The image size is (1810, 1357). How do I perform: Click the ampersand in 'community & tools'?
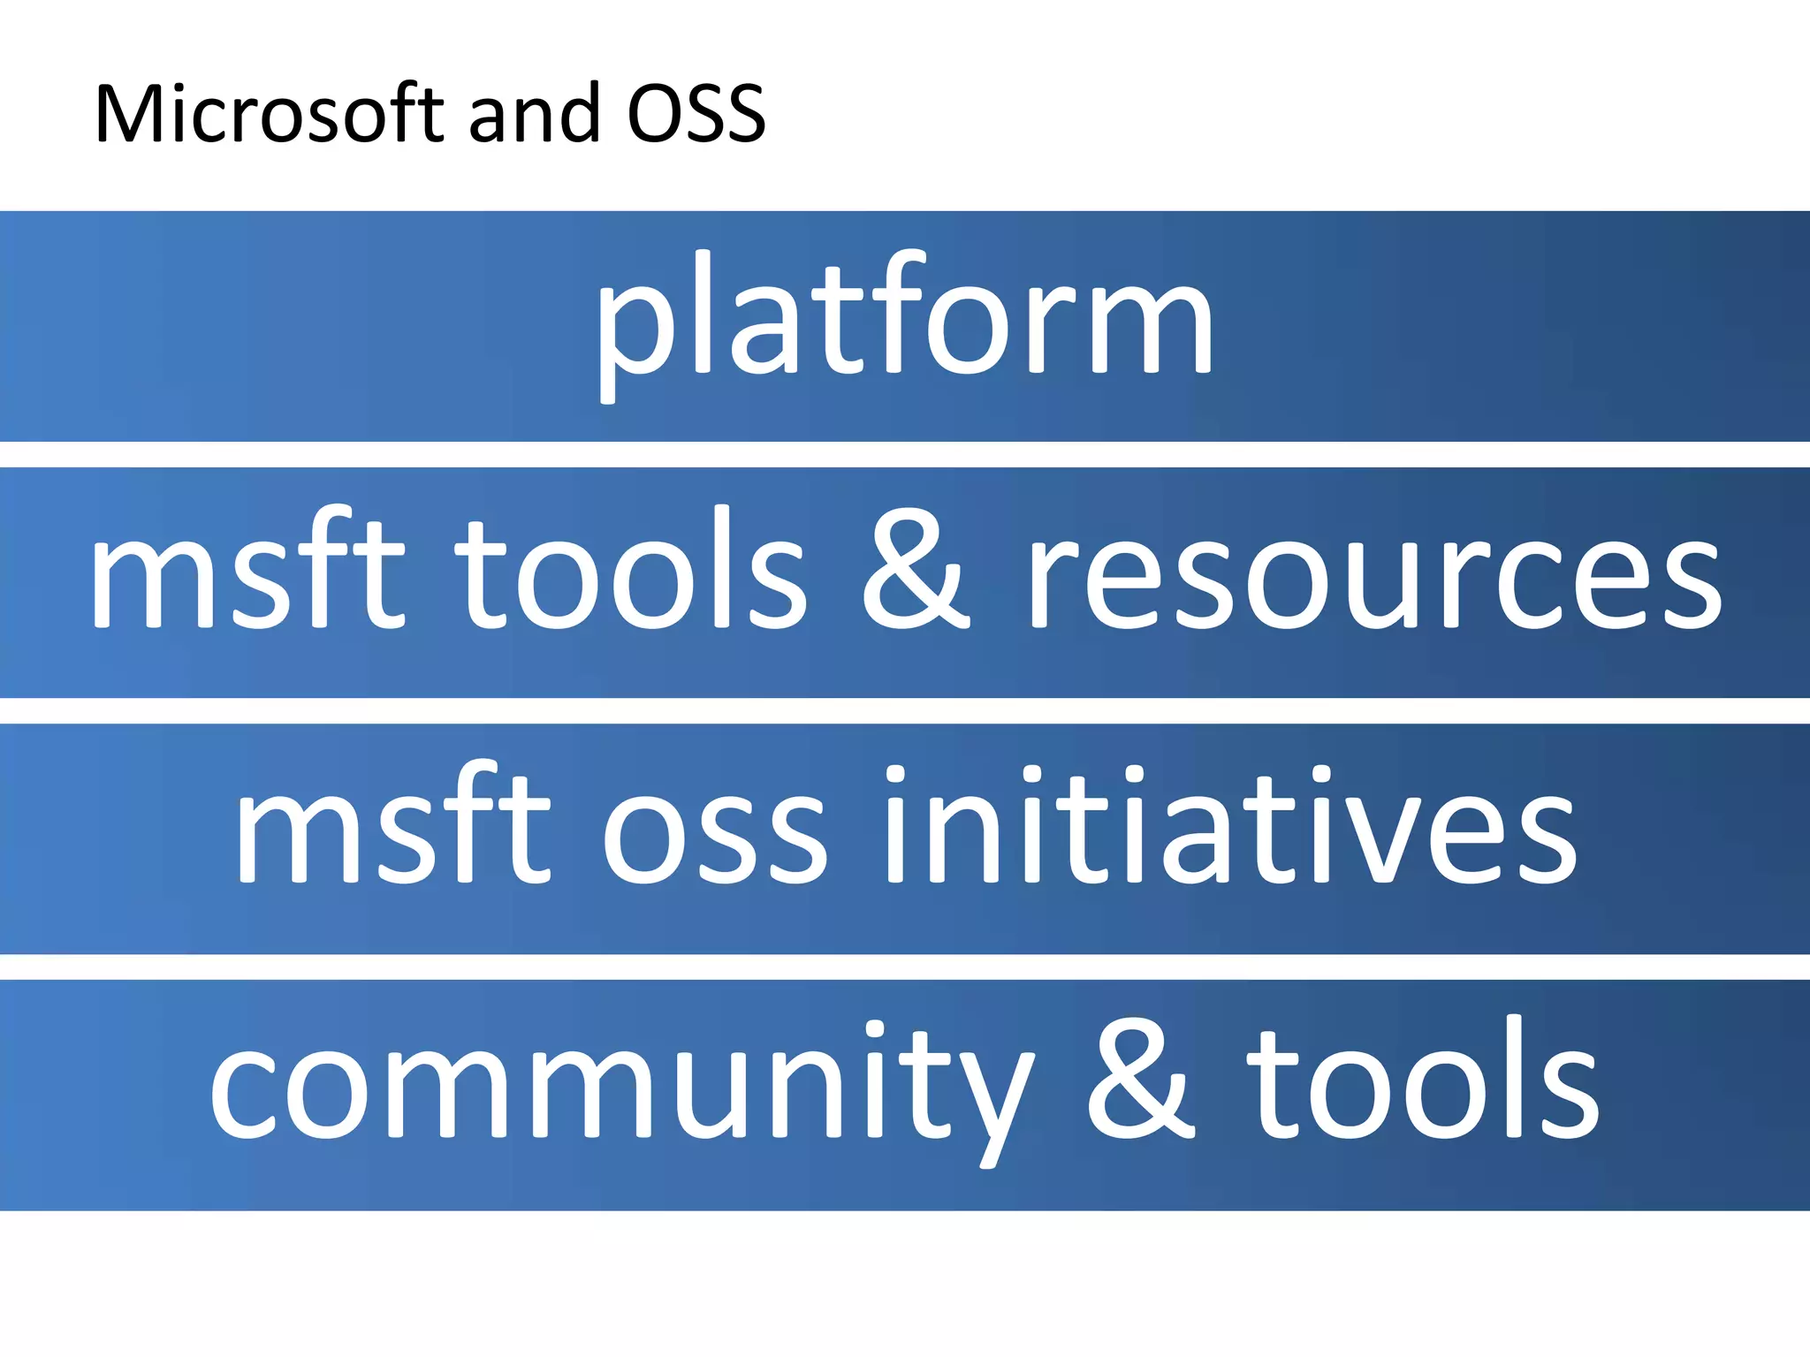click(1140, 1082)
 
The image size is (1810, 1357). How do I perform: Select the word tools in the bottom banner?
click(1423, 1082)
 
